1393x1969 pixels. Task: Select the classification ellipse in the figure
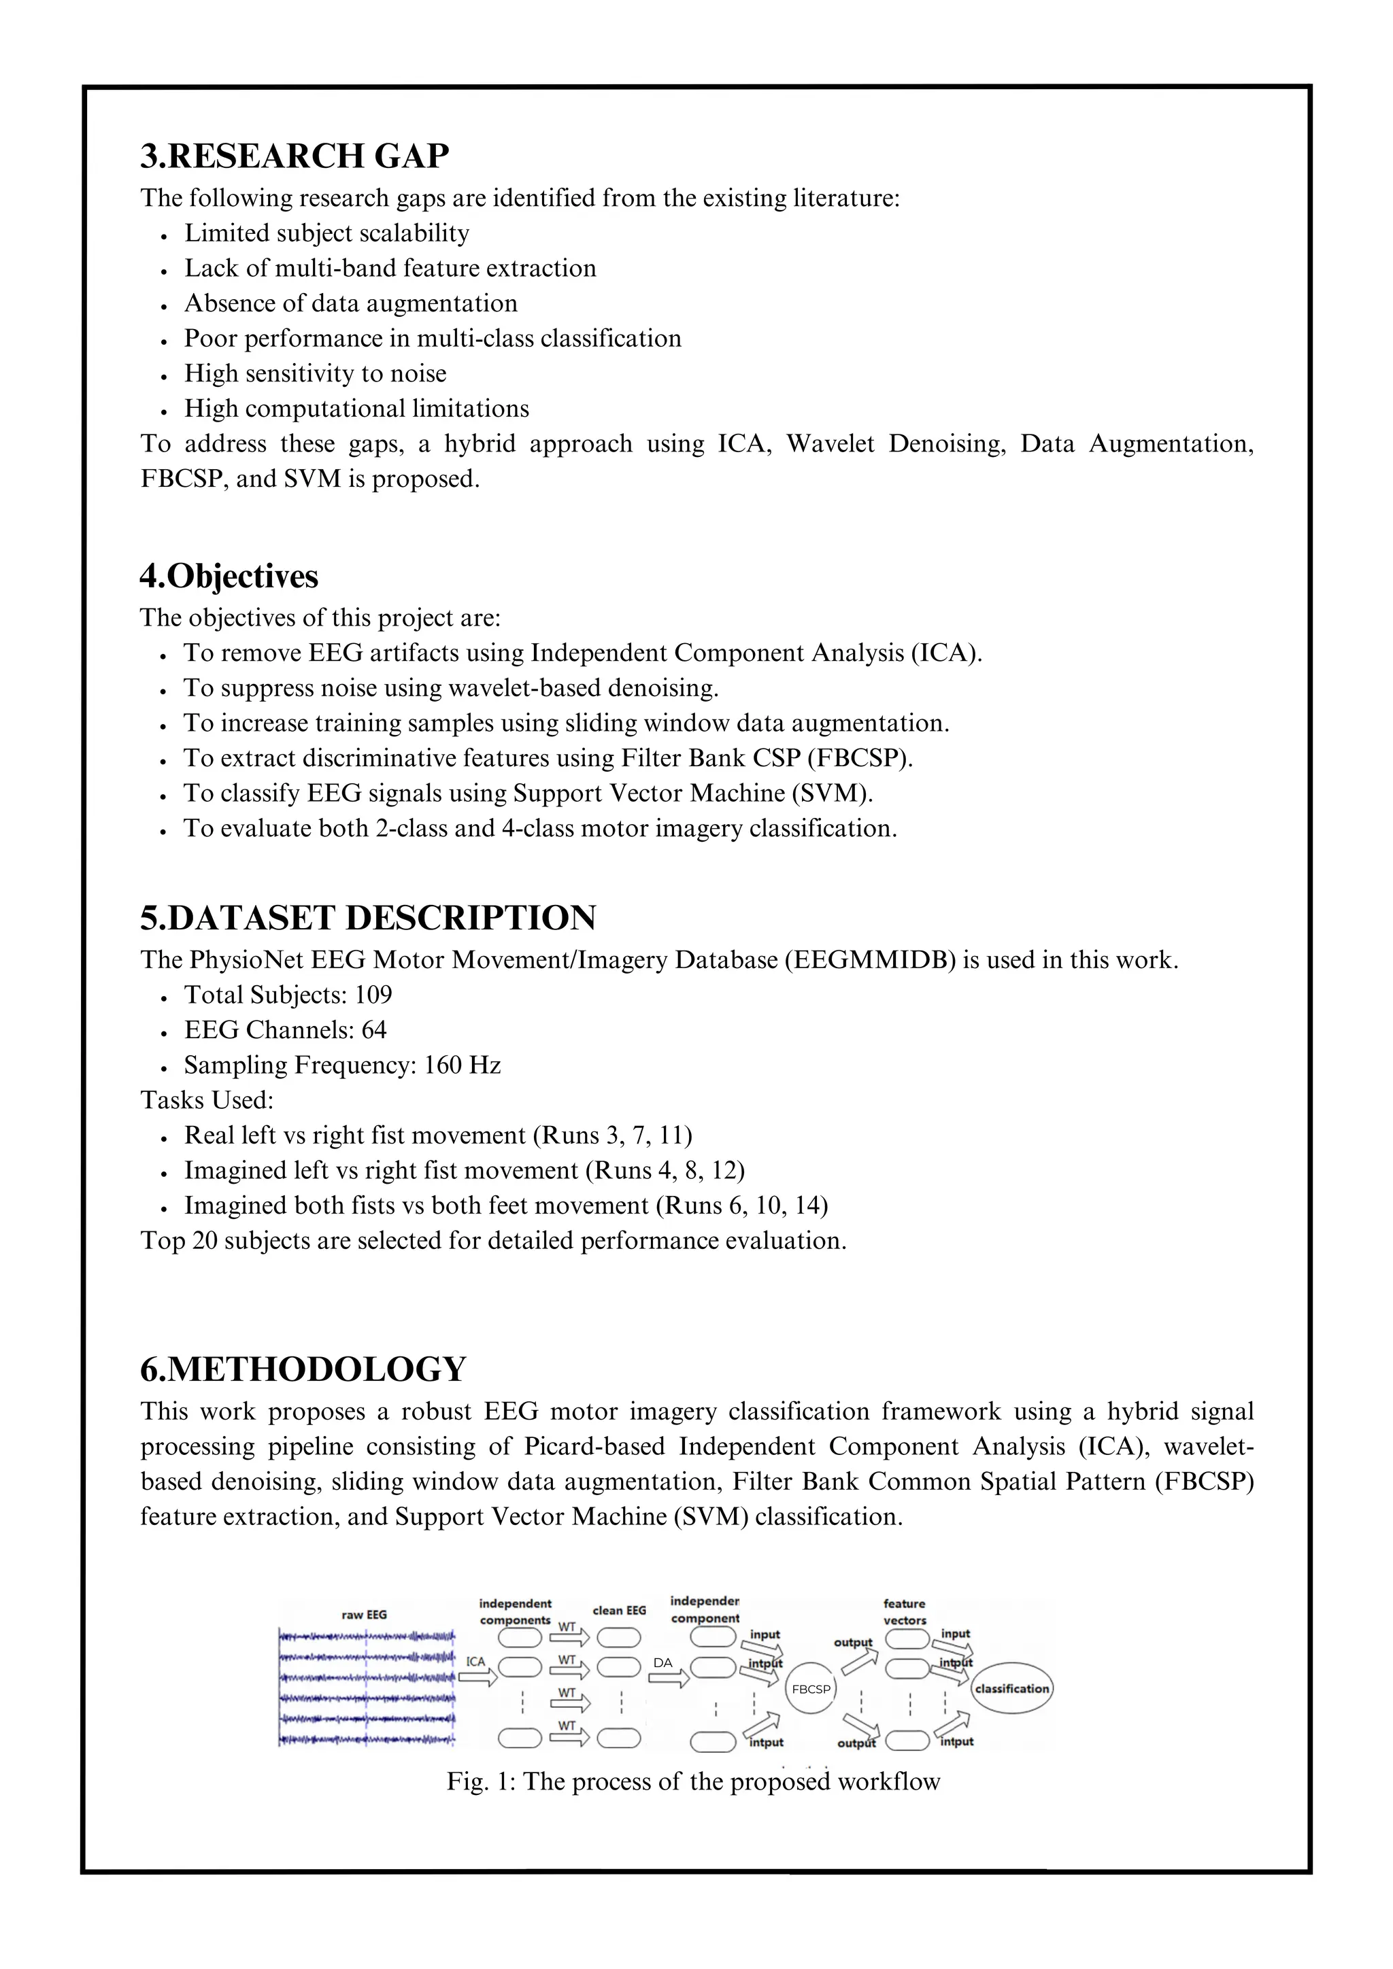(1011, 1688)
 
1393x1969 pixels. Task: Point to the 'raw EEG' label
(364, 1614)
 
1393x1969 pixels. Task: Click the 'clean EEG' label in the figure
(618, 1610)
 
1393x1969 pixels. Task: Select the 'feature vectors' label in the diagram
(904, 1611)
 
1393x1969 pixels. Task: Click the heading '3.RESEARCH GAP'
(295, 156)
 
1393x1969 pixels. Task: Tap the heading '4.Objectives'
(229, 577)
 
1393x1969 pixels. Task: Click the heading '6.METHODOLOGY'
(303, 1369)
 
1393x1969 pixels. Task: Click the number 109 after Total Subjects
(373, 995)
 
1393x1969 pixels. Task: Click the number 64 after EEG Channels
(374, 1030)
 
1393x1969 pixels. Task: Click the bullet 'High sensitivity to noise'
(315, 374)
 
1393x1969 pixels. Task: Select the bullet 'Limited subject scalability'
(326, 233)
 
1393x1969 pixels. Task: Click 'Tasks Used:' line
(207, 1100)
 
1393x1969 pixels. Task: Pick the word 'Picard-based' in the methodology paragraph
(594, 1446)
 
